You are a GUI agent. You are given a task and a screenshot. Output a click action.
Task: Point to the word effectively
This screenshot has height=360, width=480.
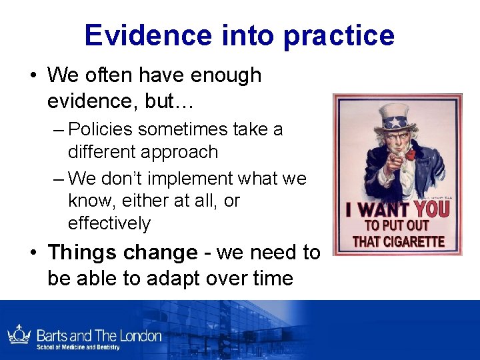(x=109, y=223)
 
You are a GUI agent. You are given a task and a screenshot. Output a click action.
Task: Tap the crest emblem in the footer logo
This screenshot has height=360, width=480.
(x=18, y=335)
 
